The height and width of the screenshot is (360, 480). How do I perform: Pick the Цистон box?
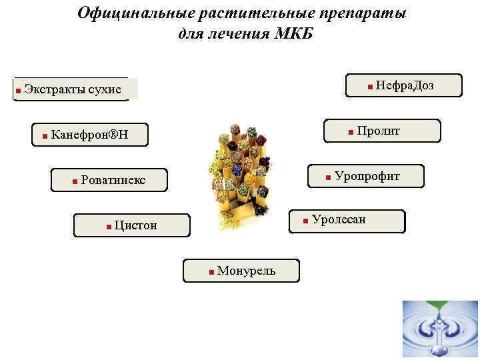pyautogui.click(x=132, y=225)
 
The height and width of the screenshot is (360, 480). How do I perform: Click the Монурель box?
pyautogui.click(x=241, y=271)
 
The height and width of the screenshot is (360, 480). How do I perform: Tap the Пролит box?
pyautogui.click(x=382, y=131)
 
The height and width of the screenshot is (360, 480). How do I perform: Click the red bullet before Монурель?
pyautogui.click(x=211, y=272)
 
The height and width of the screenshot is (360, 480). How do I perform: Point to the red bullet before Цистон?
pyautogui.click(x=108, y=227)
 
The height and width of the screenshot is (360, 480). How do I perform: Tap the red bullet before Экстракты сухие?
pyautogui.click(x=18, y=90)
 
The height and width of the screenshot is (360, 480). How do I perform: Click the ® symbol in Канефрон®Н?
pyautogui.click(x=113, y=136)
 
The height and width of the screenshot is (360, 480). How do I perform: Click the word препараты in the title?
pyautogui.click(x=363, y=13)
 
